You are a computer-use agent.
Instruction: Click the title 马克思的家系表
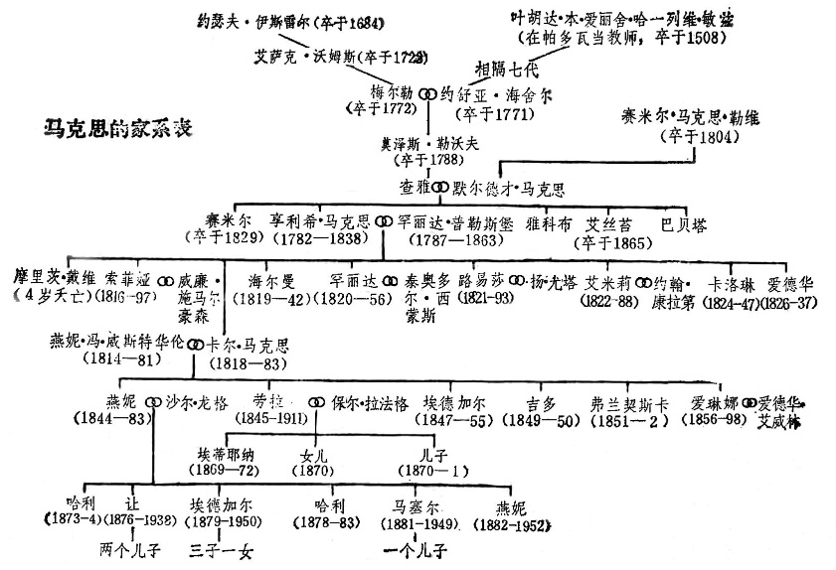click(118, 128)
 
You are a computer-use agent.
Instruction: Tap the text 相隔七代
click(511, 70)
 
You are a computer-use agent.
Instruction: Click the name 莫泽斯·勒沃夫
click(429, 142)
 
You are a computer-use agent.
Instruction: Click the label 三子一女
click(225, 547)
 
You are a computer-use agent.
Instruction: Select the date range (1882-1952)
click(514, 523)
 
